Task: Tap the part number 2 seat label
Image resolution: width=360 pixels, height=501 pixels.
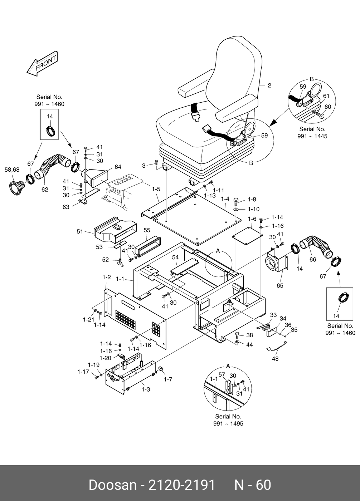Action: click(269, 85)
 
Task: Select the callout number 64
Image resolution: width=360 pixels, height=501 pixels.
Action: click(118, 167)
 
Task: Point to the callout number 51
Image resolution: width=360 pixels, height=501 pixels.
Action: click(80, 232)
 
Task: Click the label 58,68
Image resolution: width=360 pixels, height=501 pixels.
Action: click(12, 170)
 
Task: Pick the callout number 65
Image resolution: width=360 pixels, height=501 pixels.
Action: click(280, 285)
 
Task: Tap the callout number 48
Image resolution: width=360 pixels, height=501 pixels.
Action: click(275, 359)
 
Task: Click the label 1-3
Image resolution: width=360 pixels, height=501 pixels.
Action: click(145, 389)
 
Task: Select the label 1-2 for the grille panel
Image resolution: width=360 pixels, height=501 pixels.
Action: click(106, 277)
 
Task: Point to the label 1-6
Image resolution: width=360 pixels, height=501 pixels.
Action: click(252, 219)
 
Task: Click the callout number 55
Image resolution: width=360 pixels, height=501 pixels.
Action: click(147, 230)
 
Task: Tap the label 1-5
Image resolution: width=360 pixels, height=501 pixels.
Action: click(156, 189)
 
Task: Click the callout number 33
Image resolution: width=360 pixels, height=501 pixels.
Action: click(273, 315)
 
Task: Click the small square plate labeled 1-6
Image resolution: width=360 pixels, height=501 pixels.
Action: click(247, 236)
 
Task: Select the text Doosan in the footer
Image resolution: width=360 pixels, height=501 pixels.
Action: click(112, 485)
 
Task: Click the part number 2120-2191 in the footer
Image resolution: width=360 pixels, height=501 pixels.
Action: click(182, 485)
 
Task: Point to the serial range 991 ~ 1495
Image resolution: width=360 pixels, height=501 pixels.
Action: click(228, 424)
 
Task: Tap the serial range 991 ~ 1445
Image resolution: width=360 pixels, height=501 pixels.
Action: click(312, 136)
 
